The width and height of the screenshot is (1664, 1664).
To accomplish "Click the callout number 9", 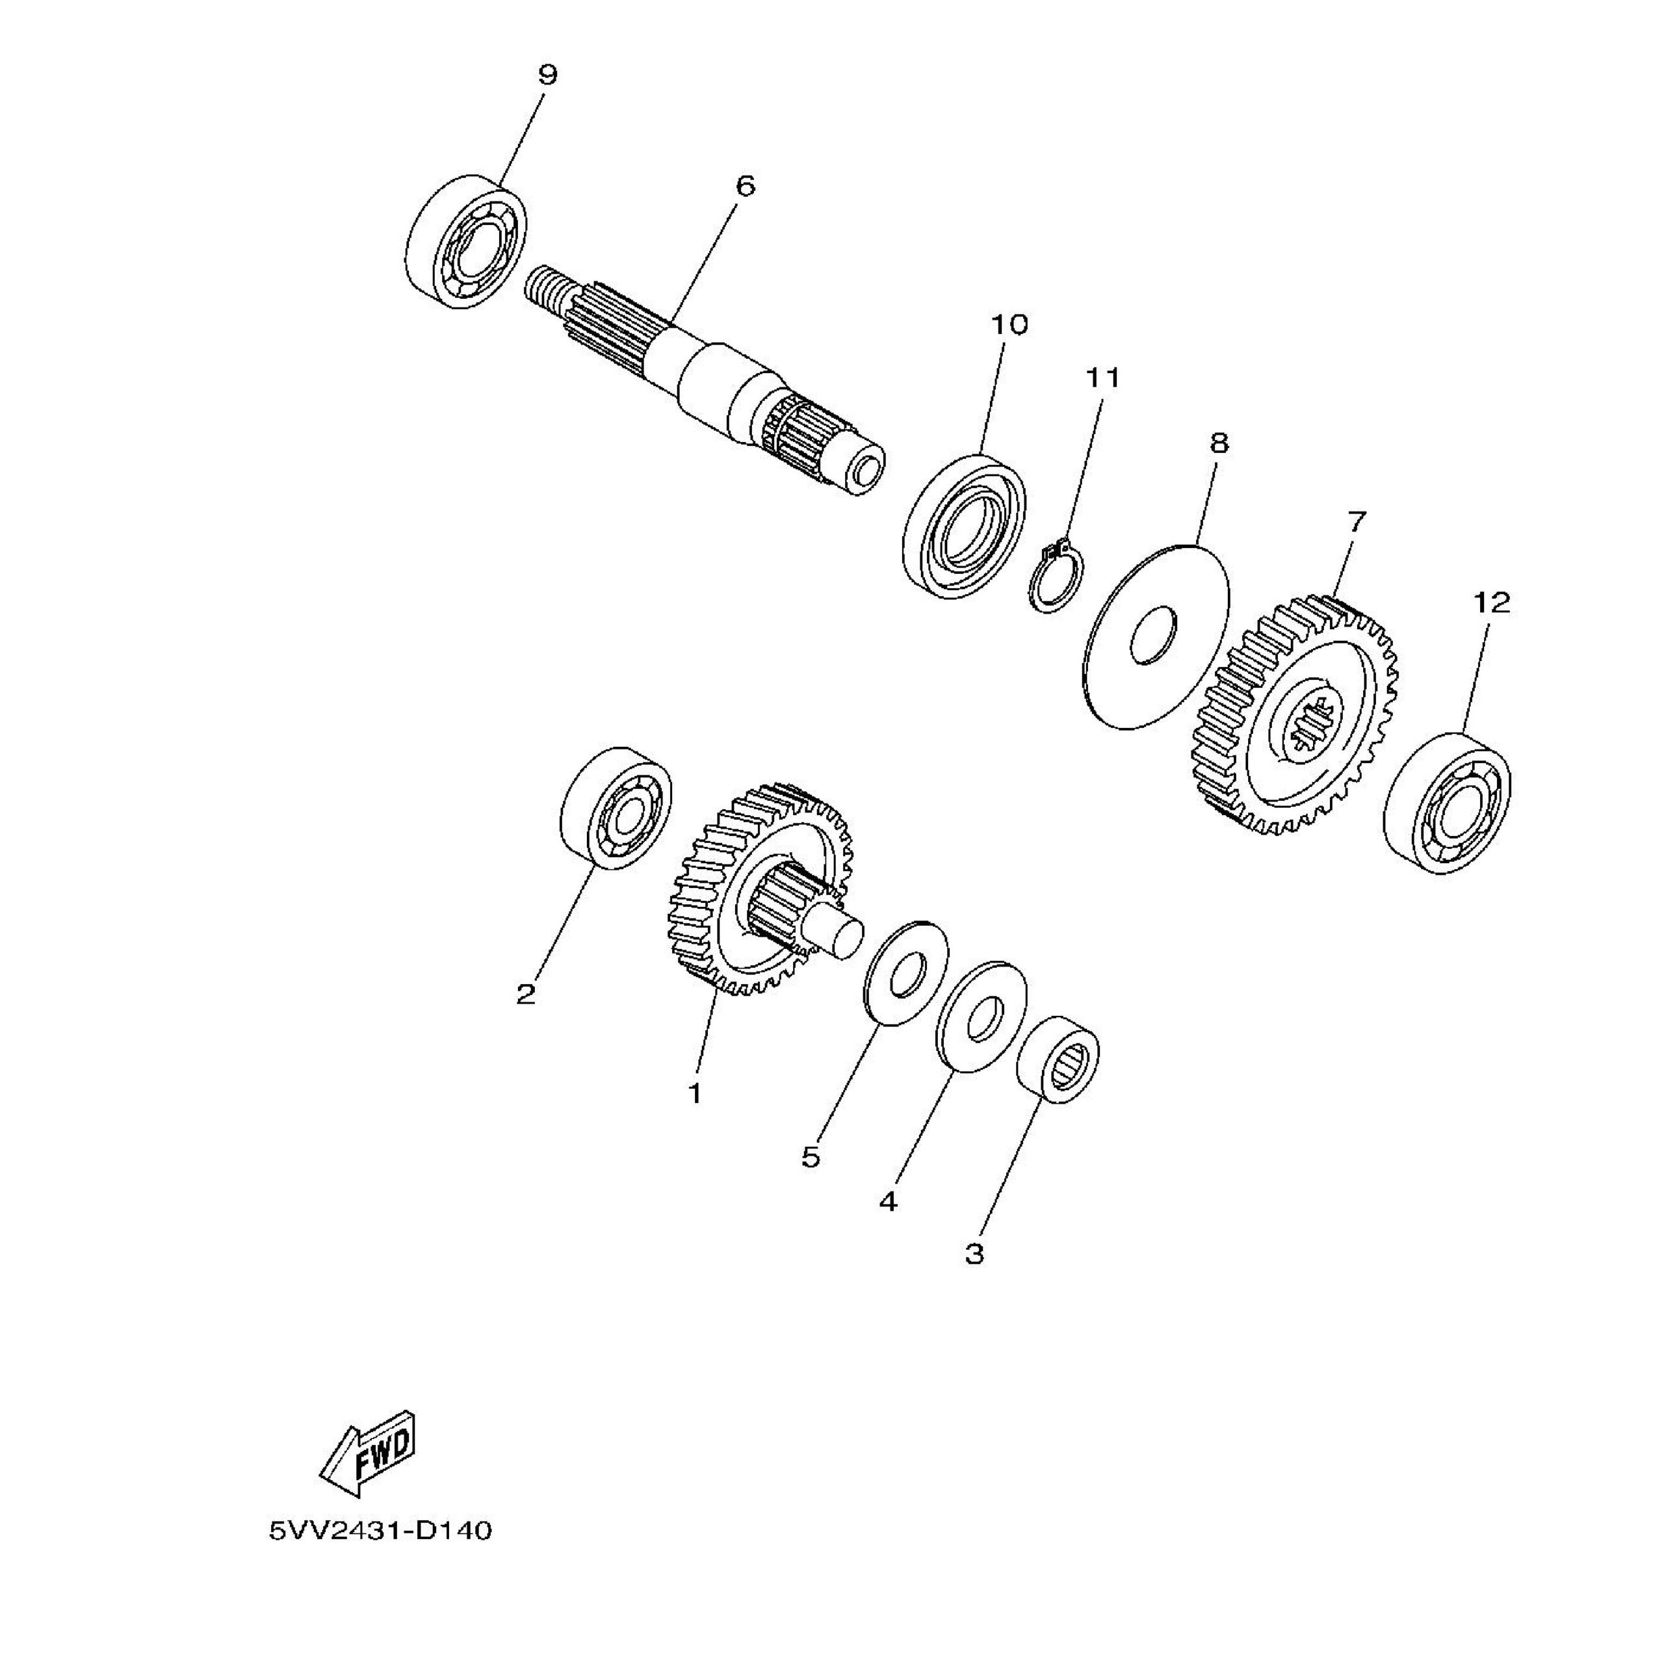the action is click(548, 75).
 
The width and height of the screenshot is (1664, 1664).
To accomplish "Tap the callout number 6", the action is click(745, 185).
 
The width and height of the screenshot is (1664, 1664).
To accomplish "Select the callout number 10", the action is click(1009, 325).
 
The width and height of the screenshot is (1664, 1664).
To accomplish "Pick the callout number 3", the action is click(974, 1253).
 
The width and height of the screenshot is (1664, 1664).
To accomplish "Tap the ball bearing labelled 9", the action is click(466, 241).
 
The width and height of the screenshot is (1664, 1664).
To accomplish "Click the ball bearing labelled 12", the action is click(1447, 803).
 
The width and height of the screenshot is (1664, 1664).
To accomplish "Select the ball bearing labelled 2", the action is click(616, 808).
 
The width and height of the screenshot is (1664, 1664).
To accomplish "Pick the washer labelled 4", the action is click(981, 1017).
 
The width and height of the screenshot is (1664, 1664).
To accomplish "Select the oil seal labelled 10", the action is click(965, 527).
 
